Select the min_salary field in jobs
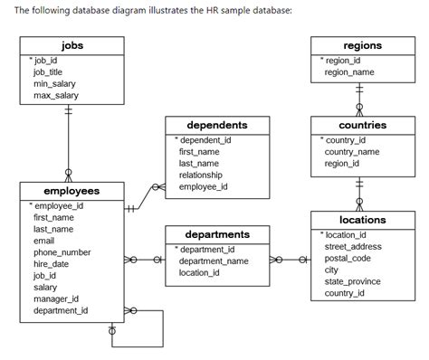point(53,83)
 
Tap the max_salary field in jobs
point(55,95)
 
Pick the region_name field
point(348,71)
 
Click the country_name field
point(351,152)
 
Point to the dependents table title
point(216,125)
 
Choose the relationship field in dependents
point(201,175)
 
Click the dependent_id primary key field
point(205,140)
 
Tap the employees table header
point(71,191)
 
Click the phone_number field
point(62,252)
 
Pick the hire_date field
point(52,264)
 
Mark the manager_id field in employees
point(56,298)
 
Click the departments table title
point(216,234)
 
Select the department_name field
point(213,261)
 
